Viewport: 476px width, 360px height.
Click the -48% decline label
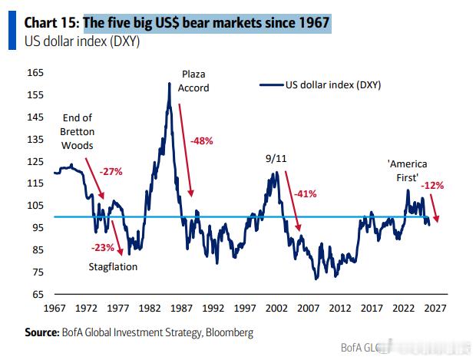pos(201,141)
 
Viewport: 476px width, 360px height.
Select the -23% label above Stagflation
pos(102,247)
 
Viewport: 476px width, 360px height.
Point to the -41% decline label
pos(305,193)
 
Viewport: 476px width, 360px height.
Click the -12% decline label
pos(432,185)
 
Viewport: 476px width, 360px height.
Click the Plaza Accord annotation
pos(193,81)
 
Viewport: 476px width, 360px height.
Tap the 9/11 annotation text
pos(276,157)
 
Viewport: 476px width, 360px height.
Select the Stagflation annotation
pos(112,266)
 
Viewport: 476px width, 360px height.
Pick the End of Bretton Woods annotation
pos(77,131)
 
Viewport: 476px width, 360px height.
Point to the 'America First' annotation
pos(407,170)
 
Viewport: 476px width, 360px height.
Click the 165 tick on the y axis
pos(35,73)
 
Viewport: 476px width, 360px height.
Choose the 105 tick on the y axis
pos(35,206)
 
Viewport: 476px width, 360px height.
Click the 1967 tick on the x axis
pos(54,309)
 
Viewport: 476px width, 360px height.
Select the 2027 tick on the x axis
pos(435,309)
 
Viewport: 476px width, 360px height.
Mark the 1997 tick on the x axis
pos(244,309)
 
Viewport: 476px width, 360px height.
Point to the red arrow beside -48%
pos(187,146)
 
